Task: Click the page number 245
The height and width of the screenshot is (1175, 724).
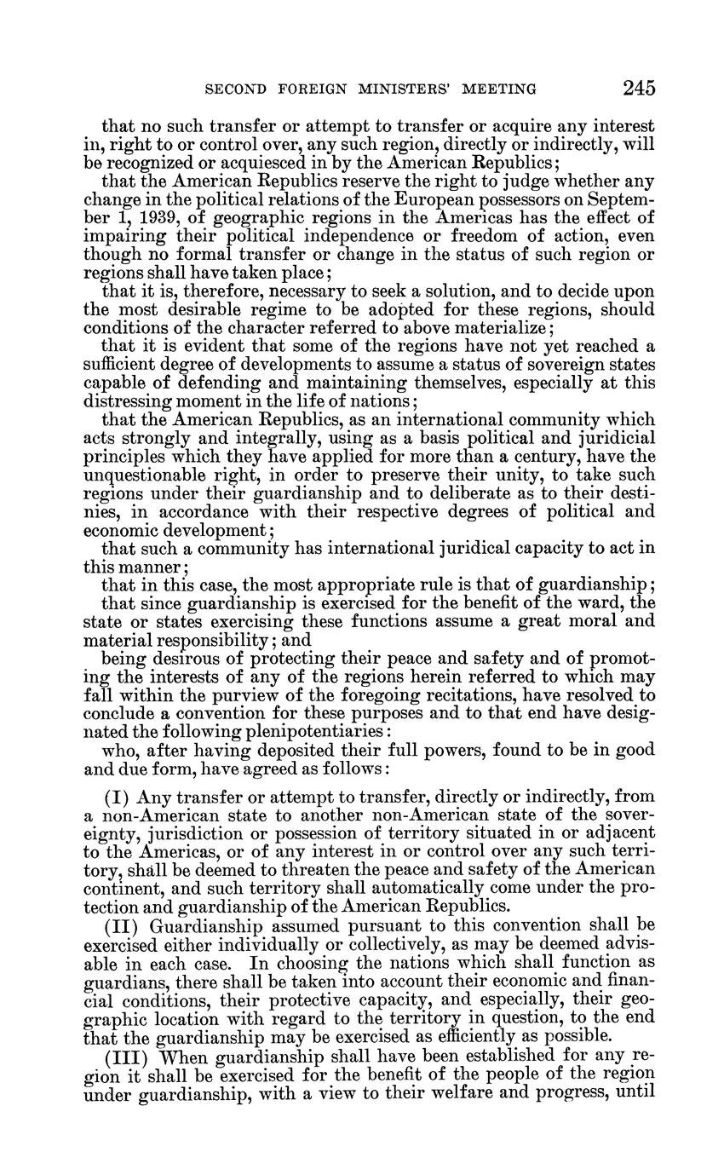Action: point(638,88)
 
